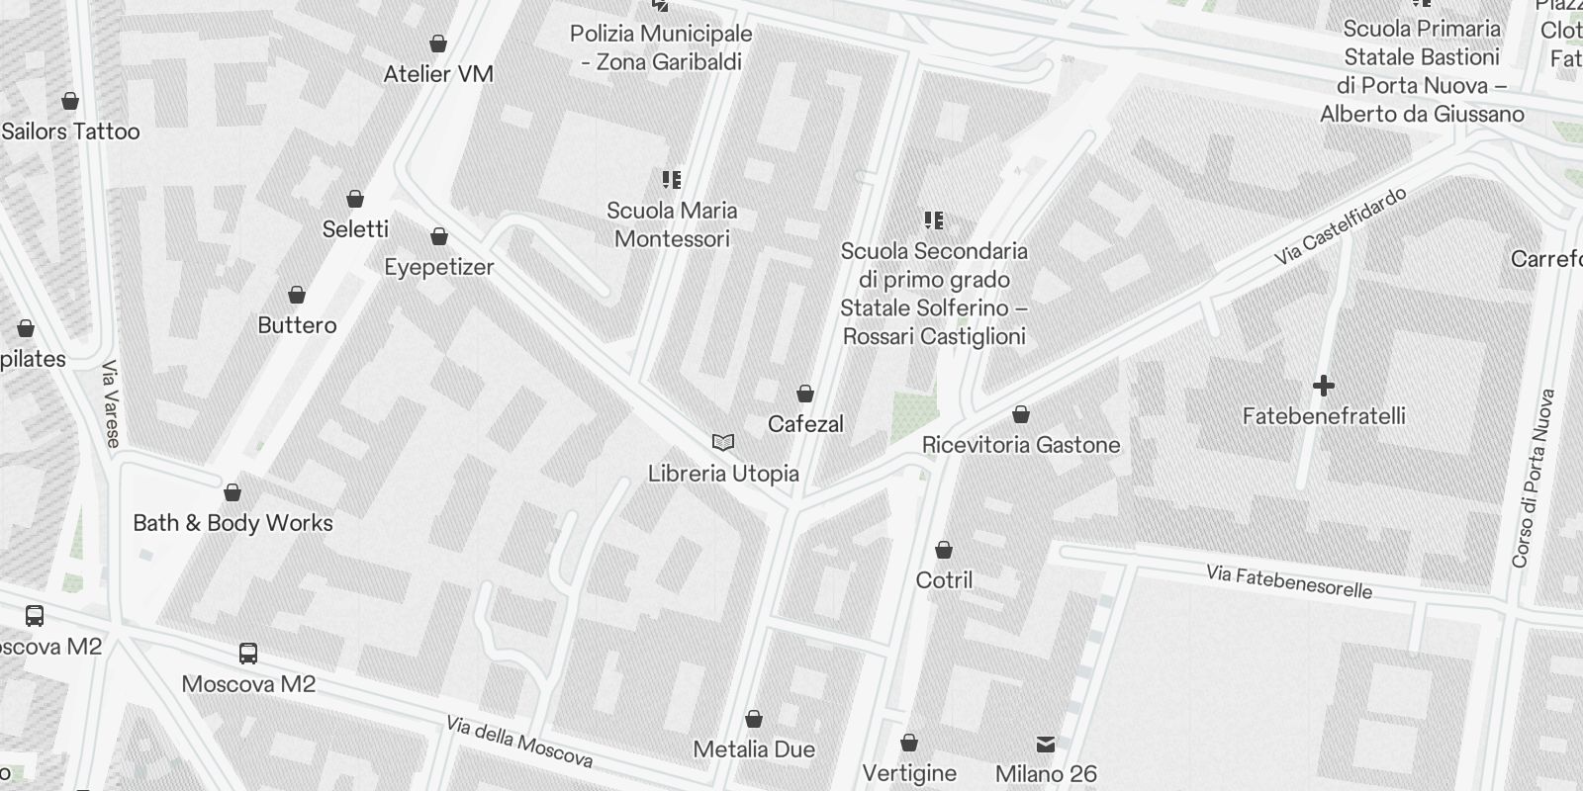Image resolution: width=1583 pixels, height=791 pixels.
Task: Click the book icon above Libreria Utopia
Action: tap(723, 442)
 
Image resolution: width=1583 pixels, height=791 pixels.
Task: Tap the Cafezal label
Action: tap(805, 424)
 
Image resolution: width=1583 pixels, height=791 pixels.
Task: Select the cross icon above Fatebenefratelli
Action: tap(1324, 386)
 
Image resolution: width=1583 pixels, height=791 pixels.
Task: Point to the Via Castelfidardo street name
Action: tap(1341, 226)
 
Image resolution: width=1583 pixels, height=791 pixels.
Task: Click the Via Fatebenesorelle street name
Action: tap(1289, 582)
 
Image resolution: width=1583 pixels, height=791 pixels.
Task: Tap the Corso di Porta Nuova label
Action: tap(1535, 479)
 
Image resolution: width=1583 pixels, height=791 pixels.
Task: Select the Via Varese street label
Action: tap(110, 403)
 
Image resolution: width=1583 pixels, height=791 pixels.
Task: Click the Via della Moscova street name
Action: tap(519, 743)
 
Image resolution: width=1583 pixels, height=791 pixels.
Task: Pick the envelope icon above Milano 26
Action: tap(1046, 744)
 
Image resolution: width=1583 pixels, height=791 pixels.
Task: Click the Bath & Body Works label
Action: tap(233, 523)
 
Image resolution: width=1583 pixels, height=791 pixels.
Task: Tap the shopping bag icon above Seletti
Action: tap(355, 200)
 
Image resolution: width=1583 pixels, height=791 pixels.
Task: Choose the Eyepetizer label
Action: tap(438, 267)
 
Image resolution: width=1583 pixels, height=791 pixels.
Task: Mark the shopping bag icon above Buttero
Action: tap(296, 295)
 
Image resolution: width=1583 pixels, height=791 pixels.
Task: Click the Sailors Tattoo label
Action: tap(70, 132)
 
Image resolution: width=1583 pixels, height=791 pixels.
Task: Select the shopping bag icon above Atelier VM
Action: tap(438, 44)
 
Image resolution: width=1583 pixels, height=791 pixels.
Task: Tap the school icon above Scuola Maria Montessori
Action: tap(672, 180)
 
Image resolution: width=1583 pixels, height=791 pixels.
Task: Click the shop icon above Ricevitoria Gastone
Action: tap(1021, 414)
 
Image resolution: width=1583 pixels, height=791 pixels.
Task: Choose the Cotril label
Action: tap(944, 580)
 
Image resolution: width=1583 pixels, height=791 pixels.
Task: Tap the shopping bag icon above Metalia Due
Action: tap(754, 719)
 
